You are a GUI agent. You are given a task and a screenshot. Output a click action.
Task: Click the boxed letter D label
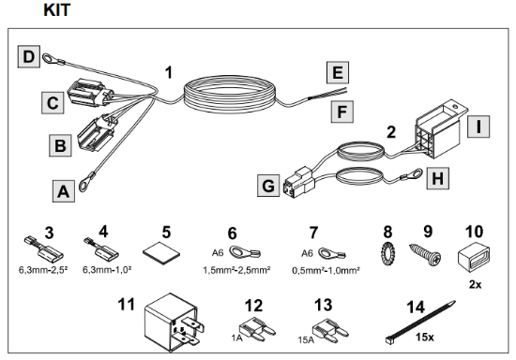coord(29,56)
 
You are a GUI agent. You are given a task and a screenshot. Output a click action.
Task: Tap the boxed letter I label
coord(478,127)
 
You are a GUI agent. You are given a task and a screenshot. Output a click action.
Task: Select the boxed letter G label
coord(268,186)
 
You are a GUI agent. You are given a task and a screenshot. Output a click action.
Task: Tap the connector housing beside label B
coord(96,132)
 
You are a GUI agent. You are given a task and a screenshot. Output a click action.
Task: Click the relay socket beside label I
coord(439,128)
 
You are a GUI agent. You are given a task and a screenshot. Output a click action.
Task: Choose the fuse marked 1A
coord(258,329)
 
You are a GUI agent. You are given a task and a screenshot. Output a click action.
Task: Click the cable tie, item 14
coord(420,322)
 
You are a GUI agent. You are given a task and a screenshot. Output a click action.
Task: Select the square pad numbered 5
coord(161,253)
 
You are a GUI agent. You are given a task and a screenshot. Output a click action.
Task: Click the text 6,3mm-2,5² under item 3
coord(43,270)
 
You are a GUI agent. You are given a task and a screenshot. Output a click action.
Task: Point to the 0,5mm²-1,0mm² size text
coord(326,270)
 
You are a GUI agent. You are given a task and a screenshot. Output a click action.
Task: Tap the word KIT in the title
coord(56,10)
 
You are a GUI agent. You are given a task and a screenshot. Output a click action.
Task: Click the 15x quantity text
coord(424,337)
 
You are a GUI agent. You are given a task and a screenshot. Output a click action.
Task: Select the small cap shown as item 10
coord(474,255)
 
